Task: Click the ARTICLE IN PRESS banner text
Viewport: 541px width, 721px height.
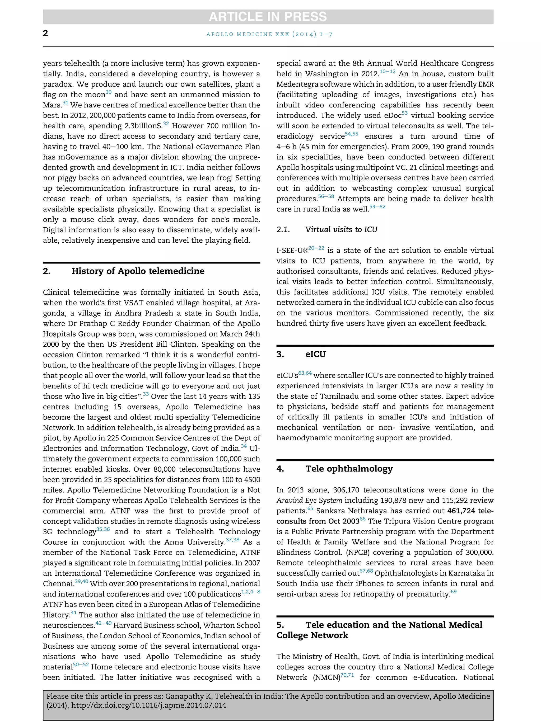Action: pyautogui.click(x=268, y=17)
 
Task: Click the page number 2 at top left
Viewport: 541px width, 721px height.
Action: pyautogui.click(x=45, y=33)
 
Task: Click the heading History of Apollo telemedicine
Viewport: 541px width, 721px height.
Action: pyautogui.click(x=138, y=271)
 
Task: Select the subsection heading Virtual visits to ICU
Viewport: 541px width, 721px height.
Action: pyautogui.click(x=341, y=229)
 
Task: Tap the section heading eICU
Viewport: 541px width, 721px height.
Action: pyautogui.click(x=315, y=354)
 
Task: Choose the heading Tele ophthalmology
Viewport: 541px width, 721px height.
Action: pyautogui.click(x=349, y=469)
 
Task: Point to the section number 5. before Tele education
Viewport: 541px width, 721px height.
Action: pyautogui.click(x=280, y=625)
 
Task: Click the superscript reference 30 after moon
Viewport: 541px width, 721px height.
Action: pyautogui.click(x=109, y=92)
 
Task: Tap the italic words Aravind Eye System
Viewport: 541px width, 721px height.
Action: pyautogui.click(x=309, y=500)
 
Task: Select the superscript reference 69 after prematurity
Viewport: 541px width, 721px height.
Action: pyautogui.click(x=453, y=592)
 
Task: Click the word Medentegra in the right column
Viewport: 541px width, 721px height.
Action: pyautogui.click(x=297, y=84)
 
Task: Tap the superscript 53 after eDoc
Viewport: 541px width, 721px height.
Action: pyautogui.click(x=404, y=113)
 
